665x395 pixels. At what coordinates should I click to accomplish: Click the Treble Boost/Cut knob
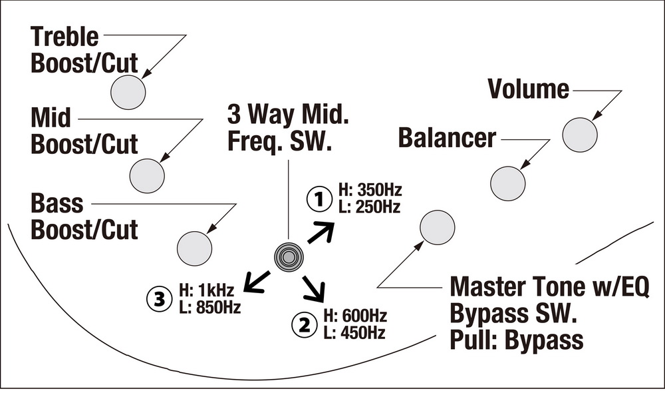128,92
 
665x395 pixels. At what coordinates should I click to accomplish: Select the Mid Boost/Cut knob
147,176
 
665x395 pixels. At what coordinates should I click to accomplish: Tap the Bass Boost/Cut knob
194,248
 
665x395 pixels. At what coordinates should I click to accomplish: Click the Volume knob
580,135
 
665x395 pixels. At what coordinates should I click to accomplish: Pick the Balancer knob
507,183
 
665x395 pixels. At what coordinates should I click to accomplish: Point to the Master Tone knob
438,227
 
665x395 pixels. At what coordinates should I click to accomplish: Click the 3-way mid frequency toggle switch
289,256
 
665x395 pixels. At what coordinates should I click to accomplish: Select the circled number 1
319,199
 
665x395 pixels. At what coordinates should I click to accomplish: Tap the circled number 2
304,325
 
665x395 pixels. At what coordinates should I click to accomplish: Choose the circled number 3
159,300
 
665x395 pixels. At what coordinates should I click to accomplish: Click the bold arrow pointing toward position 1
321,232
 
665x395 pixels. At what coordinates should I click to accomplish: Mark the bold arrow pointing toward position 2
315,288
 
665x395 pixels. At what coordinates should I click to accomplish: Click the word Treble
65,37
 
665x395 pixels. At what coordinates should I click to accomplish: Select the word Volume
529,89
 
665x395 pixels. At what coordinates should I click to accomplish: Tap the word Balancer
447,138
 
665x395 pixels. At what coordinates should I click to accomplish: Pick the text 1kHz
215,290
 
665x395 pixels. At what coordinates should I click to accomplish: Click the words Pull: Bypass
516,340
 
